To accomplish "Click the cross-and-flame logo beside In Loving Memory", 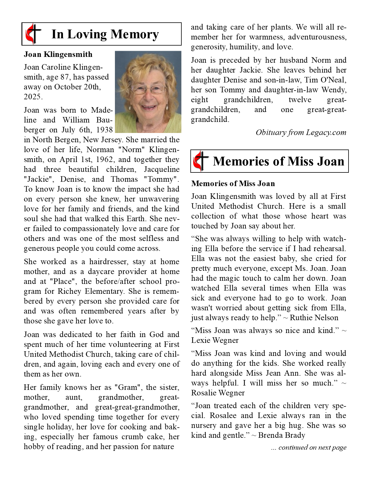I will coord(33,34).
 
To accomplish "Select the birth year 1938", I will coord(104,130).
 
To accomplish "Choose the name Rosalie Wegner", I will coord(218,393).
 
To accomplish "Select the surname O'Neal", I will coord(334,80).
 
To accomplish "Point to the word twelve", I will coord(300,100).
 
